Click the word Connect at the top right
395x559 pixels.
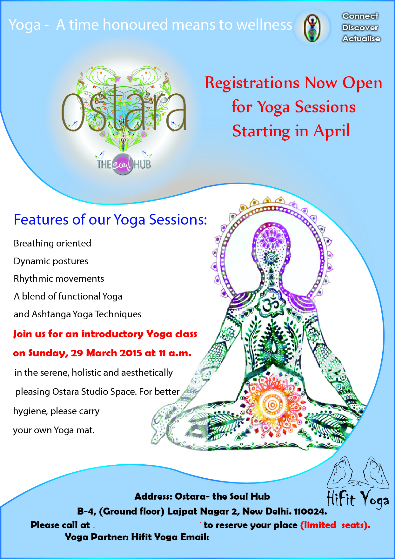coord(360,16)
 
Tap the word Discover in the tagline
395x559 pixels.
coord(360,28)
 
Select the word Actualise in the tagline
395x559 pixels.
coord(361,39)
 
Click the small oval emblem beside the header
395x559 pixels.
coord(312,28)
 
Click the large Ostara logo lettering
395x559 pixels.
coord(124,111)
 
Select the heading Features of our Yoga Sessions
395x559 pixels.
coord(110,220)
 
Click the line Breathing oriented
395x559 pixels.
coord(52,243)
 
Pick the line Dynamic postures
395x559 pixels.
coord(51,261)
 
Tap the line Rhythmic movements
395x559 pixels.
coord(59,279)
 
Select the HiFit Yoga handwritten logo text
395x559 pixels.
coord(358,499)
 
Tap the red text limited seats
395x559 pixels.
coord(335,525)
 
